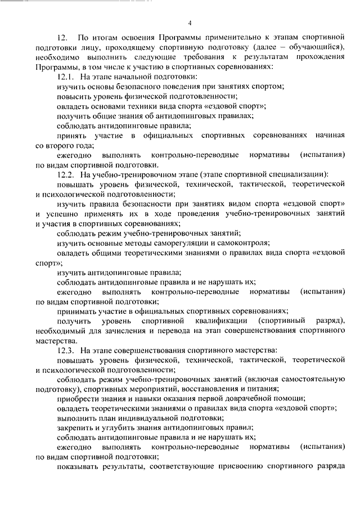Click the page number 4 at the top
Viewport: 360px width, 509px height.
(x=190, y=23)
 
